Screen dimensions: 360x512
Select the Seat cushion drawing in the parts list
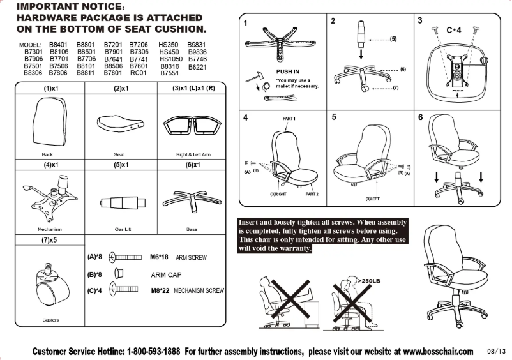[119, 121]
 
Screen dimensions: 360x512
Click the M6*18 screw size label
[159, 257]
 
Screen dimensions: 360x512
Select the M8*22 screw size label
[160, 290]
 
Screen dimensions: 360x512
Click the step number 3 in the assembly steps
[419, 20]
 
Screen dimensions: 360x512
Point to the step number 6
[420, 117]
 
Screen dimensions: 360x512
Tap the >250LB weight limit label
[371, 280]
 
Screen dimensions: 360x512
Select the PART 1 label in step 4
[289, 119]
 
